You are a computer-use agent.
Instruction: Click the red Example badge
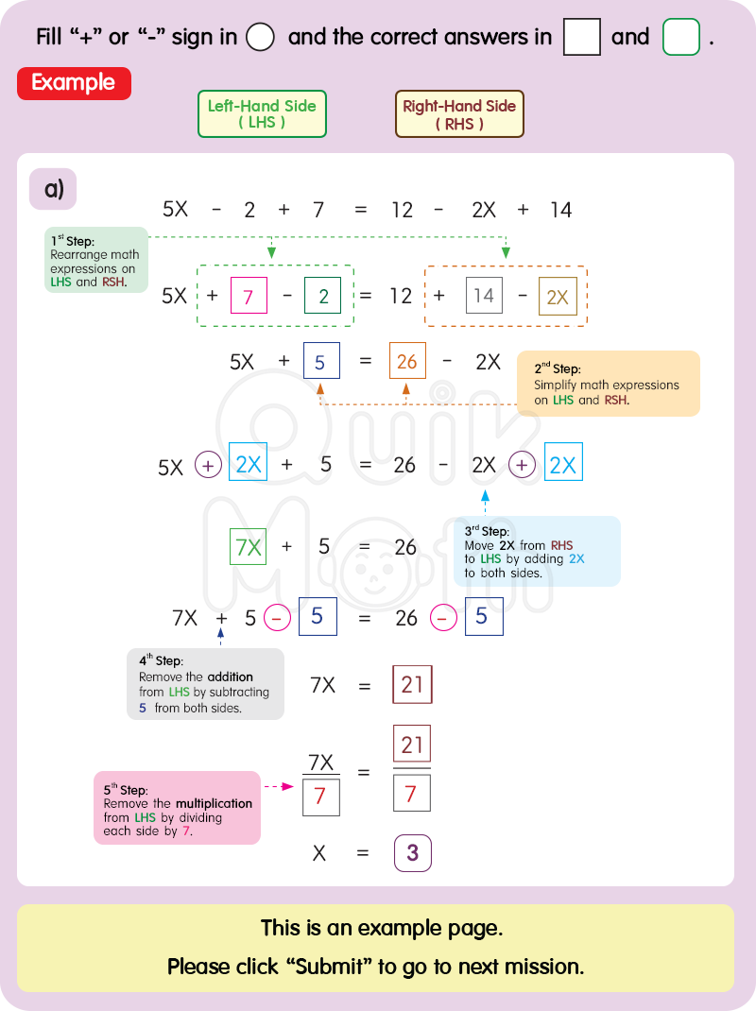pos(74,83)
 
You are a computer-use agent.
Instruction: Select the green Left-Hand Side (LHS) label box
pos(262,114)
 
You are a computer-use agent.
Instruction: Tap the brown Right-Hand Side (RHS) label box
pos(459,114)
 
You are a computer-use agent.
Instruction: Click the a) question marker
pos(53,189)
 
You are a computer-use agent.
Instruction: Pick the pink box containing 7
pos(248,296)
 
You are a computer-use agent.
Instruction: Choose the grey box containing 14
pos(484,296)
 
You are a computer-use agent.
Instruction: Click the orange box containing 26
pos(407,362)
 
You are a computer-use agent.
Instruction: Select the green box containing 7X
pos(248,547)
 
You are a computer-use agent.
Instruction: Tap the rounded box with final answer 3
pos(412,853)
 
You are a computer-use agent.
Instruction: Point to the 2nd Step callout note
pos(608,384)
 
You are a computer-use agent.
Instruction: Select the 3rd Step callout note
pos(537,552)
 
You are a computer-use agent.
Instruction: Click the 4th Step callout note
pos(205,684)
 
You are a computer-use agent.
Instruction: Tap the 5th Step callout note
pos(177,807)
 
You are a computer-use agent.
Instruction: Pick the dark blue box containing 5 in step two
pos(320,362)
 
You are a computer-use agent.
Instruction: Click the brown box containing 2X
pos(558,296)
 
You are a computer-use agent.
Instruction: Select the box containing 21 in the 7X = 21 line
pos(412,685)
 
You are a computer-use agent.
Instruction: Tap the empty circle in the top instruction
pos(260,38)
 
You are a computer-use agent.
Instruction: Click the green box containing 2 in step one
pos(323,296)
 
